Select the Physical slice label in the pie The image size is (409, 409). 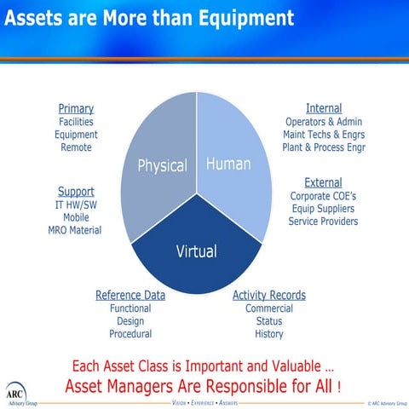point(162,165)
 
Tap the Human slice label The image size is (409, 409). point(228,164)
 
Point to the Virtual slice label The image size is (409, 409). point(196,251)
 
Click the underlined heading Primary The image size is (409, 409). point(76,108)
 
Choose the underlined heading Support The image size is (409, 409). point(76,191)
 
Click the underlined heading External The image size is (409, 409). point(323,182)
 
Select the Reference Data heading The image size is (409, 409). point(130,295)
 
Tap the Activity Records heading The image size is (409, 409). point(269,295)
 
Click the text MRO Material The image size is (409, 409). point(76,230)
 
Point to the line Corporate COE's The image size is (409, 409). point(323,196)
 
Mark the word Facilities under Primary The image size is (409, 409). point(76,122)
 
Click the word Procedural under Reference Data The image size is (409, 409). point(130,334)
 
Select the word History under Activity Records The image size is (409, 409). point(269,334)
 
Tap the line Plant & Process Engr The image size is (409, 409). point(323,147)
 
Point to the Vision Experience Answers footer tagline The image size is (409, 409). point(204,400)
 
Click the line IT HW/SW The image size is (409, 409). point(76,204)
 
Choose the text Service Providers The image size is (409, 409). point(323,222)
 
